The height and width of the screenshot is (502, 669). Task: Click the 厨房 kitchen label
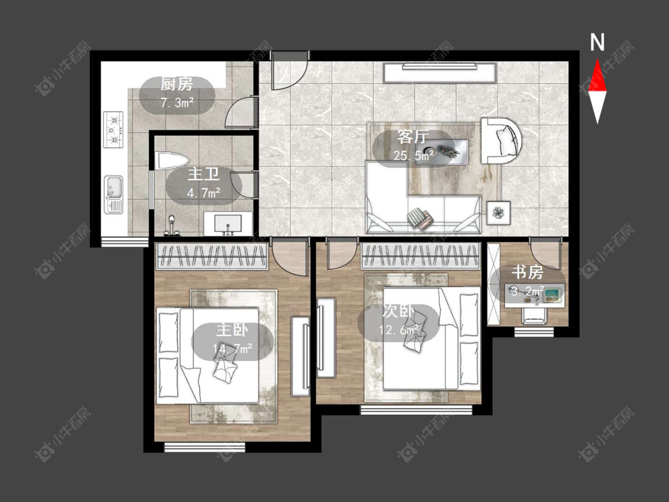point(176,84)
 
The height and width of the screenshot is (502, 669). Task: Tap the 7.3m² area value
point(177,103)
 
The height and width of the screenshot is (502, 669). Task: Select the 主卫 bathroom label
point(203,175)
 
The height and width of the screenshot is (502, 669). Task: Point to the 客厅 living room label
point(413,137)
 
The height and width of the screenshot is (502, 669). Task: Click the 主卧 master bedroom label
point(232,330)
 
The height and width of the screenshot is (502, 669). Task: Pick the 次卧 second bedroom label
point(398,311)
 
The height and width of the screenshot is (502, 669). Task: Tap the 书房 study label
point(527,272)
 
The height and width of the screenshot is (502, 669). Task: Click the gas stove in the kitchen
point(113,129)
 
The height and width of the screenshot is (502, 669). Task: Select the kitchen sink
point(114,194)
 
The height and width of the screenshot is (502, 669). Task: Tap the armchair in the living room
point(502,141)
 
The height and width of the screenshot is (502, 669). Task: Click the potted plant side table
point(499,212)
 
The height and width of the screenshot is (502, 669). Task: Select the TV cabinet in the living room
point(440,73)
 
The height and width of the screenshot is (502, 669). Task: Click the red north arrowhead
point(597,75)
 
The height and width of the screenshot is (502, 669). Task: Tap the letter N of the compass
point(597,42)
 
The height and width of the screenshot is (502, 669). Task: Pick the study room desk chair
point(534,315)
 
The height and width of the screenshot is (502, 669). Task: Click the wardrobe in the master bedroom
point(212,256)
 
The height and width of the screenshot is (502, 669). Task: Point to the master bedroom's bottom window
point(205,447)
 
